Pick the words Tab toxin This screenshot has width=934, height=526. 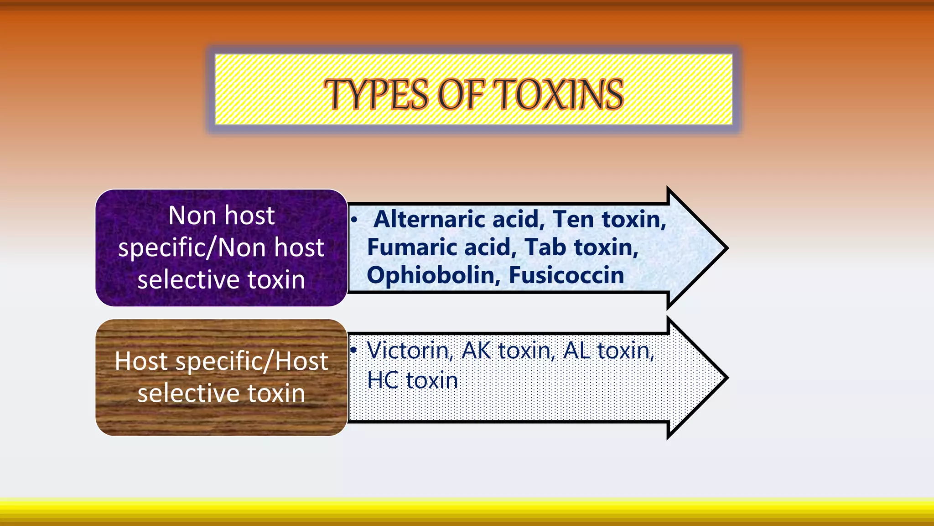[x=581, y=247]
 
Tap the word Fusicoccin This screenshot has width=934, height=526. [x=566, y=275]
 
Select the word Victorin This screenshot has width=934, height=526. [x=410, y=351]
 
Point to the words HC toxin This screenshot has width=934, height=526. [x=412, y=380]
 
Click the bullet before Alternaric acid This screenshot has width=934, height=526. [x=354, y=220]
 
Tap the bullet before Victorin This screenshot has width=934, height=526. [x=353, y=350]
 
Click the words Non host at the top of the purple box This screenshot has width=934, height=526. [x=222, y=216]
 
